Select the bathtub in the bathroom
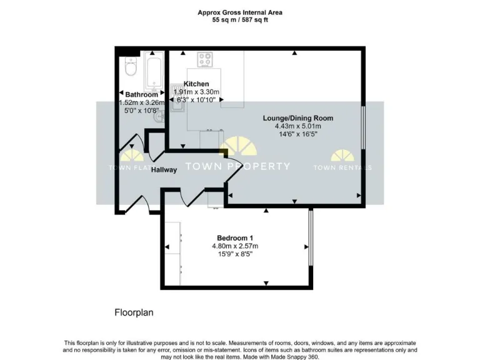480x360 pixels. click(x=153, y=72)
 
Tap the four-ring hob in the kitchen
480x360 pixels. click(x=205, y=60)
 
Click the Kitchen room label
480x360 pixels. click(x=196, y=84)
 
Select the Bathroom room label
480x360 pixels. click(x=142, y=95)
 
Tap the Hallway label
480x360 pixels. click(x=164, y=169)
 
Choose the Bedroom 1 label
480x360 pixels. click(x=235, y=237)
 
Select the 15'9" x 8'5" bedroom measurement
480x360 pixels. click(x=235, y=254)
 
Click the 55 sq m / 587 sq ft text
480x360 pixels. click(x=240, y=20)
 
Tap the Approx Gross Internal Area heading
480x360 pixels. click(x=240, y=12)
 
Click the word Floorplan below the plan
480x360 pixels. click(x=134, y=311)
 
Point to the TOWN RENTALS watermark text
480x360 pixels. click(x=342, y=167)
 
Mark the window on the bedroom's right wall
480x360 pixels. click(x=311, y=246)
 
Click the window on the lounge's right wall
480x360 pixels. click(x=364, y=132)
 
